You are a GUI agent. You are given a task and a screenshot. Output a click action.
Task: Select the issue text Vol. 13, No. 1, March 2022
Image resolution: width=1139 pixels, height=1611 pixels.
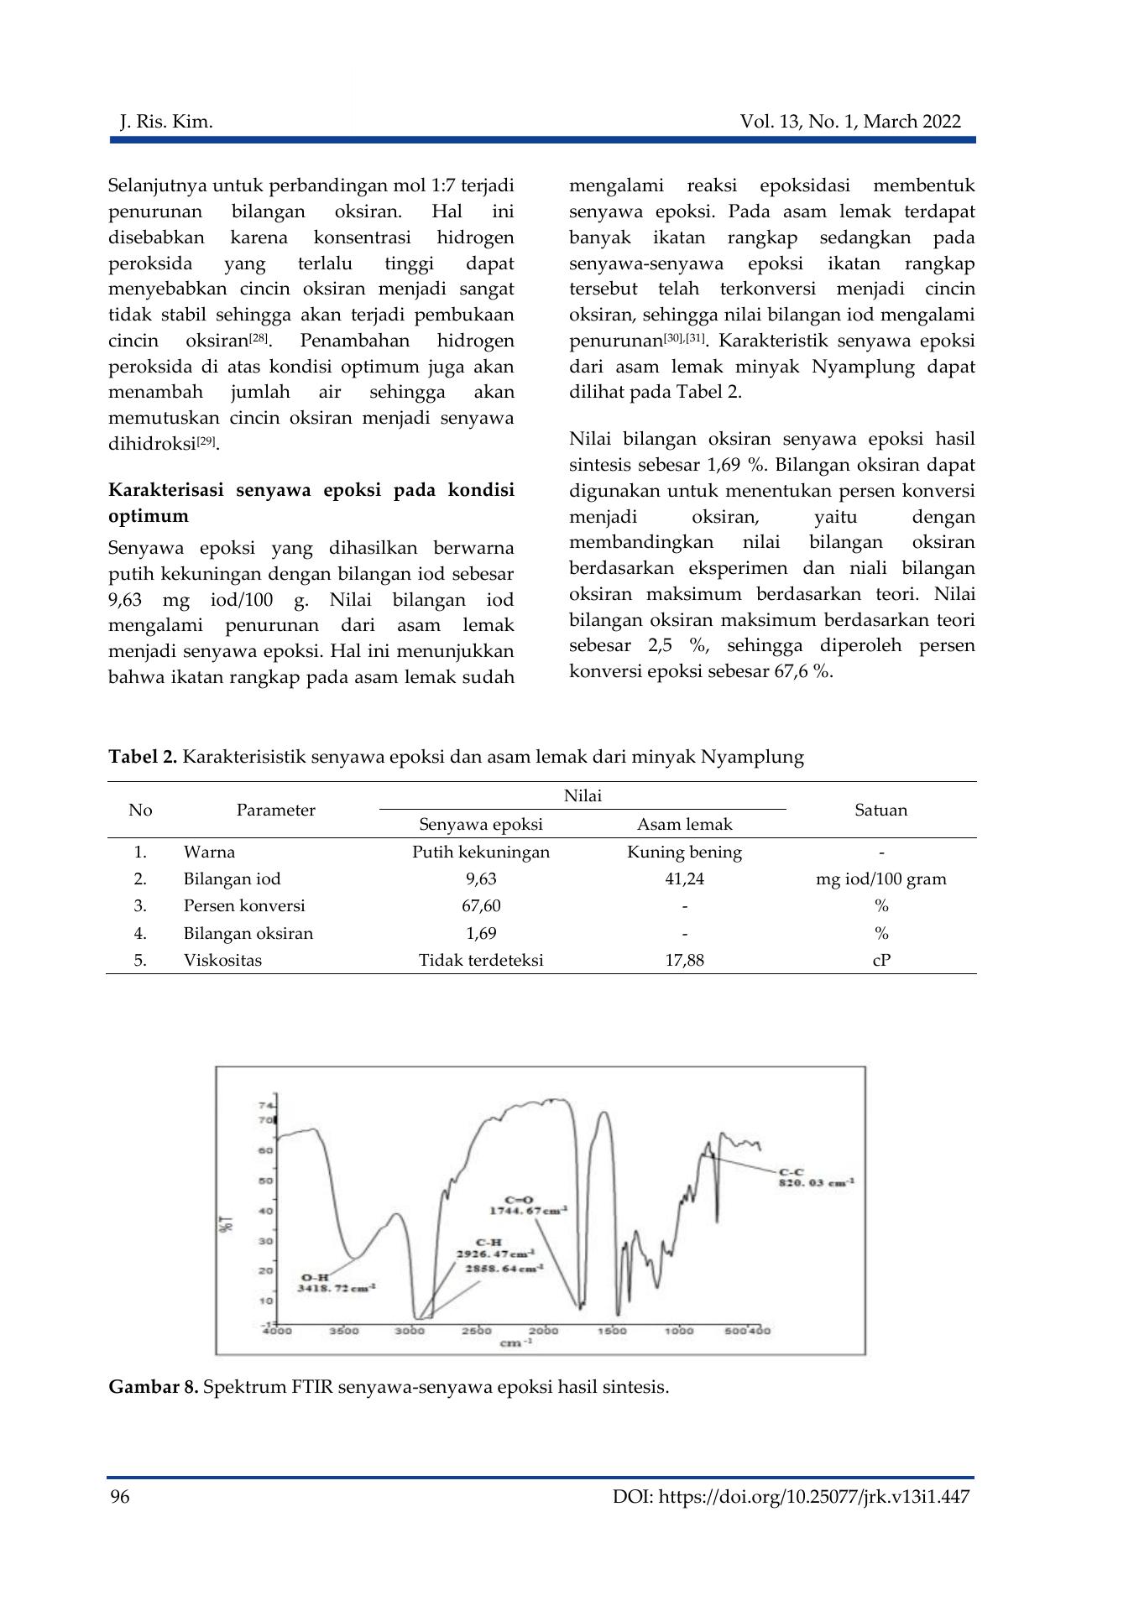850,123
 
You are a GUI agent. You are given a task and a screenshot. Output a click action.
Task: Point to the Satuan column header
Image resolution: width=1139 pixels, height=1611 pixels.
880,810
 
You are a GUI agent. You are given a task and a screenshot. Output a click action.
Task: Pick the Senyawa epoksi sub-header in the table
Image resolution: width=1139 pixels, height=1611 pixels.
481,824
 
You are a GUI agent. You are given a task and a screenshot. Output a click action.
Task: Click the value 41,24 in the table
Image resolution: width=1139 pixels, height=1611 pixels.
684,878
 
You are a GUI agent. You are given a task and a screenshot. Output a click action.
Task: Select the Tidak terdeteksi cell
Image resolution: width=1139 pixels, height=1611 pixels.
481,960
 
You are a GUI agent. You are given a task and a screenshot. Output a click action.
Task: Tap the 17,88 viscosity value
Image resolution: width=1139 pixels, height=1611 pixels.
684,960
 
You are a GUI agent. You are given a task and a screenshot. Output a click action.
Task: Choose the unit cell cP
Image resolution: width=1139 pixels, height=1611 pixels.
880,960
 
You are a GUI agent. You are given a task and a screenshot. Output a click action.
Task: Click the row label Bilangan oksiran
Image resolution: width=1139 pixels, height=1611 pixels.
248,933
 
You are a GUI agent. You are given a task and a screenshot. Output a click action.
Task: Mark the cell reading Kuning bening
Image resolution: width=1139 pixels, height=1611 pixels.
684,852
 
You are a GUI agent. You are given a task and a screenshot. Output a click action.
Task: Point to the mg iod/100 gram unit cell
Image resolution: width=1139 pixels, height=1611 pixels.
880,878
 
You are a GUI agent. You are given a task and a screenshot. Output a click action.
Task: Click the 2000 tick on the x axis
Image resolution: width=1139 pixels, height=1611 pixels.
544,1331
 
